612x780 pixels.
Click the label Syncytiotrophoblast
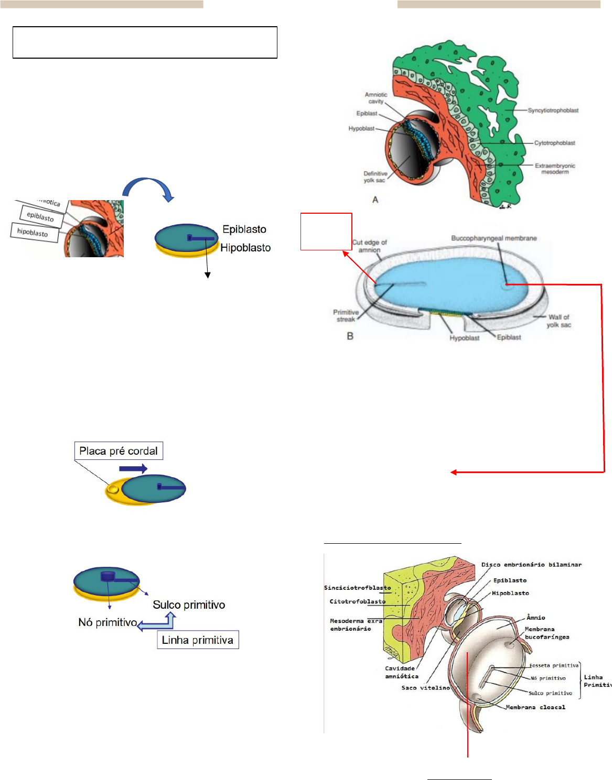click(x=553, y=111)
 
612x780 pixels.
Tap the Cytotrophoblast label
click(x=554, y=143)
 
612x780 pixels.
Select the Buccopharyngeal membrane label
click(x=493, y=238)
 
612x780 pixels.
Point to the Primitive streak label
click(x=346, y=315)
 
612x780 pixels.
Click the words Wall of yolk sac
click(x=559, y=321)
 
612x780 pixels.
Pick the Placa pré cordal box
click(x=119, y=451)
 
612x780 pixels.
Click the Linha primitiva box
click(x=198, y=640)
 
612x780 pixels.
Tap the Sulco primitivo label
click(x=189, y=605)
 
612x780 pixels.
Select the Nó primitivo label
click(x=108, y=622)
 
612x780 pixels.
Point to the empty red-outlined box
click(x=326, y=231)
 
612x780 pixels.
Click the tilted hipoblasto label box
click(x=33, y=232)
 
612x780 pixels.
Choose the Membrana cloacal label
click(x=535, y=707)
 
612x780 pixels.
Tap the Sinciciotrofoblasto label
click(x=357, y=588)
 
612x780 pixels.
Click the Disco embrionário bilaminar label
click(x=531, y=565)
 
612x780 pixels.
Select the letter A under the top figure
click(x=375, y=200)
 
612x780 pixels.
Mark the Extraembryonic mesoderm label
click(x=555, y=169)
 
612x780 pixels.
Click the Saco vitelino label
click(x=425, y=688)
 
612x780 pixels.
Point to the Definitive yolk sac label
click(x=375, y=177)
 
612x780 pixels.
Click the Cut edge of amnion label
click(x=369, y=246)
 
